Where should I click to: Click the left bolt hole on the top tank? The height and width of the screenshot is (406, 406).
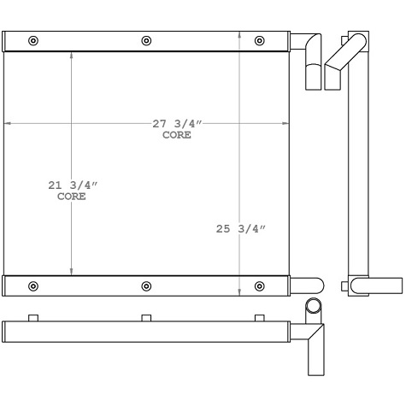33,40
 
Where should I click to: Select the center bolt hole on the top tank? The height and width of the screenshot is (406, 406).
146,40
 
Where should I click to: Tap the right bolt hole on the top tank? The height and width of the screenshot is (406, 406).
260,40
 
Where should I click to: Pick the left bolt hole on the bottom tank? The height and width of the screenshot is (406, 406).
33,285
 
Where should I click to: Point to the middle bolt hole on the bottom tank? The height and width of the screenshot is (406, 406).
146,285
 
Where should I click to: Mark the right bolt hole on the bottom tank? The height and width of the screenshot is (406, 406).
260,285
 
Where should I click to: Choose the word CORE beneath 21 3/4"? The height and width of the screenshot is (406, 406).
71,197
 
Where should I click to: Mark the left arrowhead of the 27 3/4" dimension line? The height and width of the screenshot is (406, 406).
8,124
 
